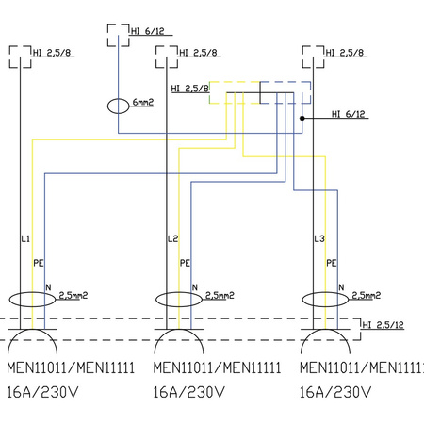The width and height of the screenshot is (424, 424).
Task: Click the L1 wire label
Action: tap(25, 239)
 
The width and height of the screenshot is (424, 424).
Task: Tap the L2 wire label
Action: tap(172, 239)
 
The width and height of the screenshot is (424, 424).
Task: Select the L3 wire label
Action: tap(319, 239)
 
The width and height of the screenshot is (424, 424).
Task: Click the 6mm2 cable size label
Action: tap(143, 102)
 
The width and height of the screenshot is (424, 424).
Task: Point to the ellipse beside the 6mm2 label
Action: tap(107, 106)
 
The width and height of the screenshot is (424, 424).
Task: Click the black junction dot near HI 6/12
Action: tap(302, 118)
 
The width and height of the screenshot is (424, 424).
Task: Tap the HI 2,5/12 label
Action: tap(383, 325)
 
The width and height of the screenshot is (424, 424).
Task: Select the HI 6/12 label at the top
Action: tap(148, 31)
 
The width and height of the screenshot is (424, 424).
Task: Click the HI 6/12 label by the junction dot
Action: tap(349, 114)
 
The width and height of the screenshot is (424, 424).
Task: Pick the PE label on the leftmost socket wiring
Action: tap(38, 263)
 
